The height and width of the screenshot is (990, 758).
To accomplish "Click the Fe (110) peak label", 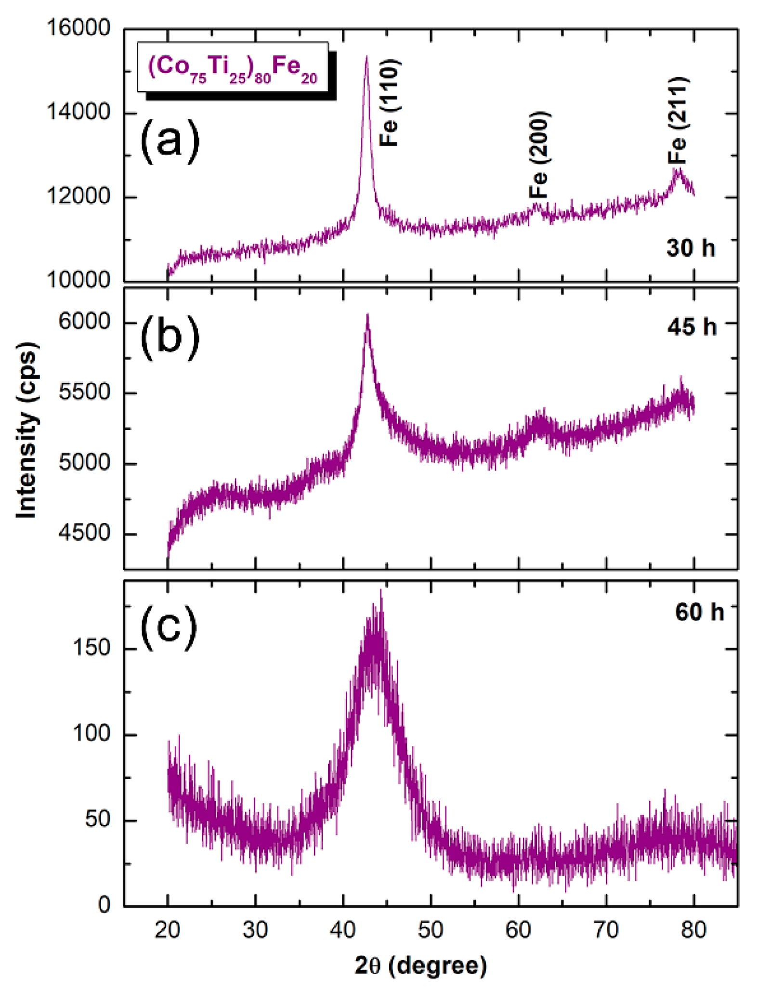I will [389, 103].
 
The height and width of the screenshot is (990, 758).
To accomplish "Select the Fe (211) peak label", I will [678, 120].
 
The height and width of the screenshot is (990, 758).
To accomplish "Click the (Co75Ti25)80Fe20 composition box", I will [233, 67].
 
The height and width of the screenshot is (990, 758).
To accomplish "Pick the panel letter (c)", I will [169, 628].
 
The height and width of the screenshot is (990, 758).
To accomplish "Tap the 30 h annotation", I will [690, 248].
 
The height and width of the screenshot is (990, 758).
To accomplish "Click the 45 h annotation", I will [692, 327].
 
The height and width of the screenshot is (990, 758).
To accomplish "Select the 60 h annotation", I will [699, 612].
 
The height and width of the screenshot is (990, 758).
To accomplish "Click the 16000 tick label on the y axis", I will [78, 28].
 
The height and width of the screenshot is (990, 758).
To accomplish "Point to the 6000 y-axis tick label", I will [84, 322].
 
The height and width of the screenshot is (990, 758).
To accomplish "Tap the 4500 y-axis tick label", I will [84, 533].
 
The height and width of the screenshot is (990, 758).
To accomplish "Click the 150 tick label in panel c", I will [91, 648].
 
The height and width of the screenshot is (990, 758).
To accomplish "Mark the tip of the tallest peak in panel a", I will [366, 57].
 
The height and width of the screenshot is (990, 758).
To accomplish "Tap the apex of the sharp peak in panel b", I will [367, 315].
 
